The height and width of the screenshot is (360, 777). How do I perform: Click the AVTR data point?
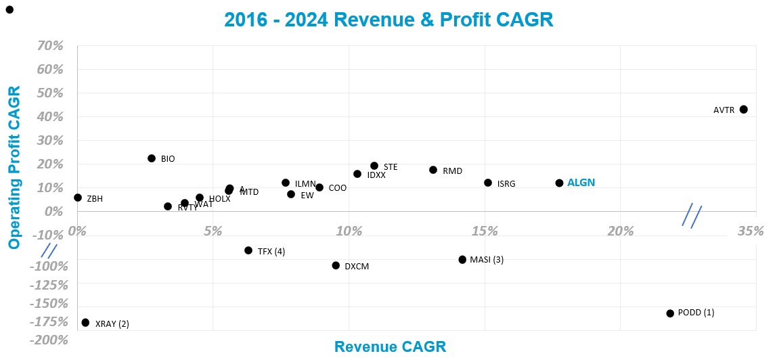pos(743,110)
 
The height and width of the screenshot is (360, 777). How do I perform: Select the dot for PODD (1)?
pos(670,313)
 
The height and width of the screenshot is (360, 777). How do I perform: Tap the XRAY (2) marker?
pos(85,323)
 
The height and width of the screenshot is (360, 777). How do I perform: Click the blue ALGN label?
pos(581,183)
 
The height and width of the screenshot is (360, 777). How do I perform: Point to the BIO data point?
pos(152,158)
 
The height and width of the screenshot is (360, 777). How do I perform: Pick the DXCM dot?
pos(336,265)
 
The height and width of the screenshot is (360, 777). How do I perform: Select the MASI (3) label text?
pos(487,260)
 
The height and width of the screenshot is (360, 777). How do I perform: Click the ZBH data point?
pos(78,198)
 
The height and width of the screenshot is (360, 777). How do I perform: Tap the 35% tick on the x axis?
pos(750,231)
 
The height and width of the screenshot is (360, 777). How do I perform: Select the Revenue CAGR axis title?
pos(390,347)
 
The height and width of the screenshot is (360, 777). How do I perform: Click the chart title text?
pos(388,20)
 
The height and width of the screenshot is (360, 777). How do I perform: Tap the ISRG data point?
pos(488,183)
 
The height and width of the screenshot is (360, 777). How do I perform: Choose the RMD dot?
pos(433,170)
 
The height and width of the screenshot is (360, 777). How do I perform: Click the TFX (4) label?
pos(271,252)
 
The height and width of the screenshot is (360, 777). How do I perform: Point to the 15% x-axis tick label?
pos(485,231)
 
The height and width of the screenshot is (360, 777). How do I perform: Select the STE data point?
pos(374,166)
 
